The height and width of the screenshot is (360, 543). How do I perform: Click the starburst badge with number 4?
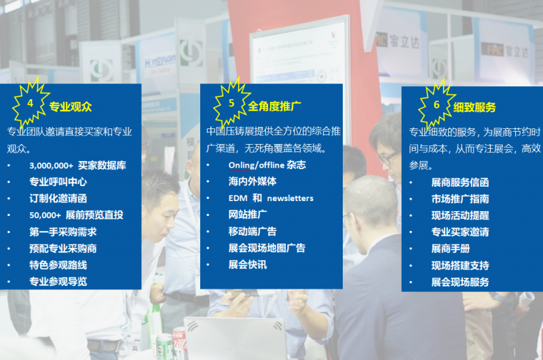(31, 103)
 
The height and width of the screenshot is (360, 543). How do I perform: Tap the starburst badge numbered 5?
(231, 103)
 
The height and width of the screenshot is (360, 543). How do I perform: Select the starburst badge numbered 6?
(436, 105)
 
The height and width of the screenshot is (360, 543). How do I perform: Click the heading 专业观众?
(71, 107)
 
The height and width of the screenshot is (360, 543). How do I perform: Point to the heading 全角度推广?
(274, 107)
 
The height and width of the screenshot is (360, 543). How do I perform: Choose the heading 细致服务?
(474, 107)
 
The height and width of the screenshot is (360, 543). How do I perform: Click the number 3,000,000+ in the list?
(52, 166)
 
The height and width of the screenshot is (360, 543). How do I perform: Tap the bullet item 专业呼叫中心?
(58, 182)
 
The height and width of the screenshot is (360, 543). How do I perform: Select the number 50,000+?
(45, 215)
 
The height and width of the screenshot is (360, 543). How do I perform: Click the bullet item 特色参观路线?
(58, 265)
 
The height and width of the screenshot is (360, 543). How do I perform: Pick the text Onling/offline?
(257, 165)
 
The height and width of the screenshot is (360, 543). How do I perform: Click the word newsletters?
(291, 198)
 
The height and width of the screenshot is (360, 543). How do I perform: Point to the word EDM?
(238, 198)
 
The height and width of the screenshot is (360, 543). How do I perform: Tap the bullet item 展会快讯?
(248, 265)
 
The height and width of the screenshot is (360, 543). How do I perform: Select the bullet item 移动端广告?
(252, 232)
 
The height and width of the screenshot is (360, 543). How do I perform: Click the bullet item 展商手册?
(451, 249)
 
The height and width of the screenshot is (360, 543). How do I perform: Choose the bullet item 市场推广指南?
(460, 199)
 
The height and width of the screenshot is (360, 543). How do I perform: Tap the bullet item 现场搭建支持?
(460, 266)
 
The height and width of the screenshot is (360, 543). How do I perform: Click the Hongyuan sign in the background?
(160, 62)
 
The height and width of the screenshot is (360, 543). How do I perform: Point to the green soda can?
(164, 346)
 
